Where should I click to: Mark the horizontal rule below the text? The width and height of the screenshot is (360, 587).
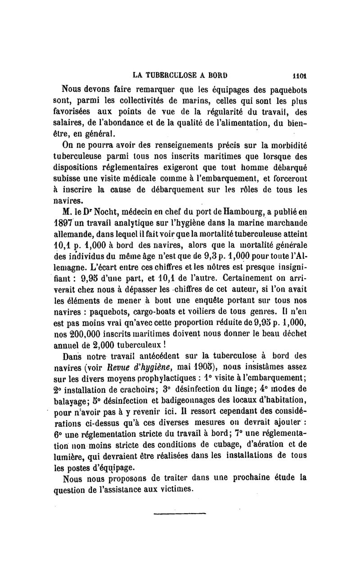[x=180, y=513]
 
